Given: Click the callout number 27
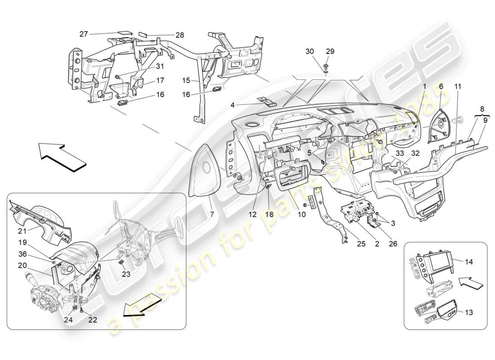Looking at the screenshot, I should (84, 34).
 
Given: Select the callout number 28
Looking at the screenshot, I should (167, 35).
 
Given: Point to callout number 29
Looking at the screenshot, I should (330, 52).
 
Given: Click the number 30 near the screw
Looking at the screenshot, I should (310, 52).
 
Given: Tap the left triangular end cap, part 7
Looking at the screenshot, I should (205, 171).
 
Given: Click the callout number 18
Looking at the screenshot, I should (269, 215).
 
